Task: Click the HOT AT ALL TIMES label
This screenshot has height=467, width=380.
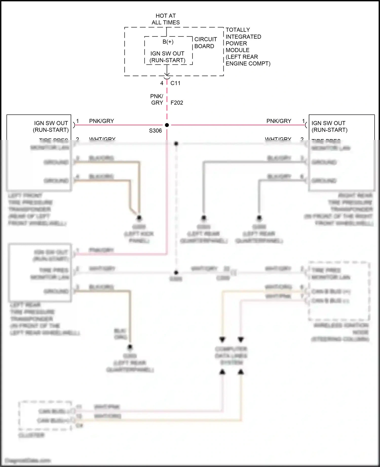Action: point(166,19)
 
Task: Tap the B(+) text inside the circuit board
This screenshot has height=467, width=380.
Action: point(168,42)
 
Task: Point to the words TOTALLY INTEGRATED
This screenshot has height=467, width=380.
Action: point(243,33)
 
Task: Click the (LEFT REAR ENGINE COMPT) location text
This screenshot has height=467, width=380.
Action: point(248,60)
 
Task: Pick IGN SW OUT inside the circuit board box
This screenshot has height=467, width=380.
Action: point(167,54)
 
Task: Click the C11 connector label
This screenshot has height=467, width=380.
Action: point(175,83)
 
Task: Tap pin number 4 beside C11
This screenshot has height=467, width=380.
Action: point(162,83)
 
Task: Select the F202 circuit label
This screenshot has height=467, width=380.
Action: point(177,103)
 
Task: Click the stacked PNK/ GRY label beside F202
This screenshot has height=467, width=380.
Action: point(157,99)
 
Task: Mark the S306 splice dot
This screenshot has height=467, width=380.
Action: point(167,125)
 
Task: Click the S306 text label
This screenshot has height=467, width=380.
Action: point(155,131)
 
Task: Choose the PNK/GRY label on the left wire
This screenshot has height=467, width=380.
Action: point(102,121)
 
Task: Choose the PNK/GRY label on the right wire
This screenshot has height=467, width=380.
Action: point(279,121)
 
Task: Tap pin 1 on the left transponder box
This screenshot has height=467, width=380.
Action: point(78,121)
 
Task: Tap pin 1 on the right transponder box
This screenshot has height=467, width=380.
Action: point(303,121)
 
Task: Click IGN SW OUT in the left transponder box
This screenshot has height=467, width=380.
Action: point(51,123)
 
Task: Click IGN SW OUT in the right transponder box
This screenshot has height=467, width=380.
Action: point(328,123)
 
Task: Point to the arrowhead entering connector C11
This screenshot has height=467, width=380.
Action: point(167,74)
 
